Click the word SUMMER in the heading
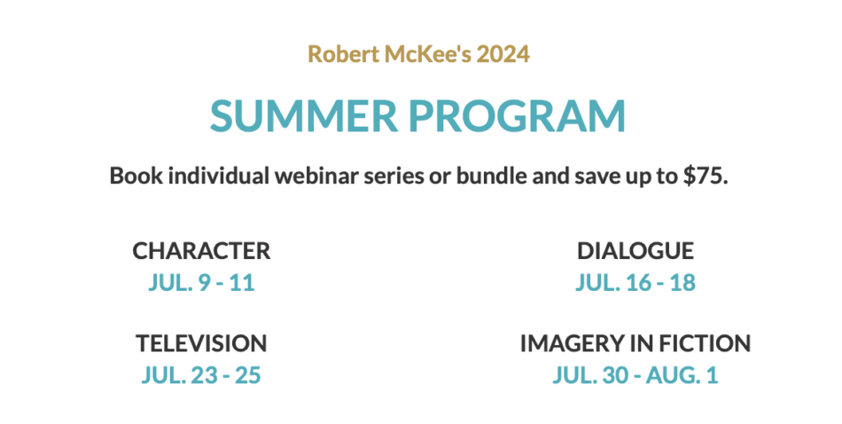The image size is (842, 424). coord(304,115)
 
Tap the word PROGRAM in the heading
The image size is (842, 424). coord(518,115)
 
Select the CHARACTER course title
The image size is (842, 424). coord(201,251)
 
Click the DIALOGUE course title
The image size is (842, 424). coord(635,251)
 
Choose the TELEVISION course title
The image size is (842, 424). coord(201,343)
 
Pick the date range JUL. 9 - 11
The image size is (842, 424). coord(201,283)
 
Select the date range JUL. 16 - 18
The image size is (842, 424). coord(635,283)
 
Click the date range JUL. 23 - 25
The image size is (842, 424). coord(201,375)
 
